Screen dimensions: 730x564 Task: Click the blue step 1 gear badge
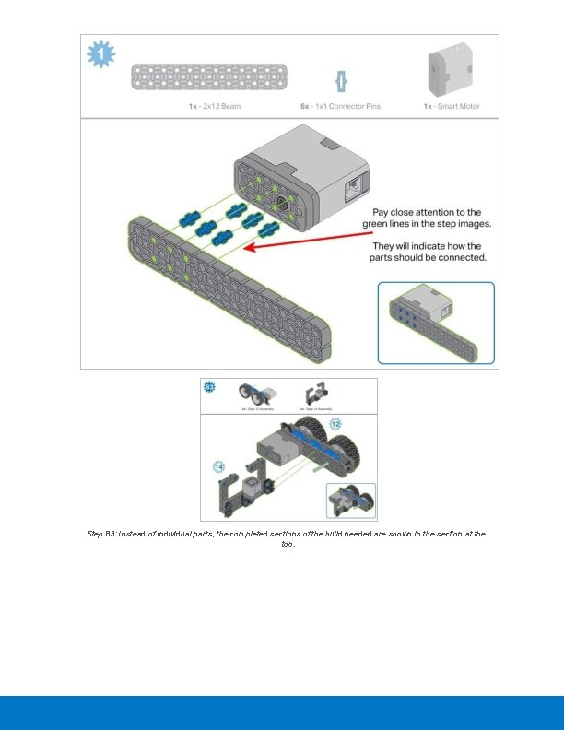pyautogui.click(x=100, y=55)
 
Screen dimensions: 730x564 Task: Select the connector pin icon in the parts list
pyautogui.click(x=340, y=80)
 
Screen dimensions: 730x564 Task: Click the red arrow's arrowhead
pyautogui.click(x=255, y=246)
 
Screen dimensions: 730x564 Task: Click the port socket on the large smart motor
pyautogui.click(x=353, y=189)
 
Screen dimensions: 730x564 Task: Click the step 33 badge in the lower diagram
pyautogui.click(x=210, y=386)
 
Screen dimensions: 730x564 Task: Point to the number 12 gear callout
pyautogui.click(x=335, y=424)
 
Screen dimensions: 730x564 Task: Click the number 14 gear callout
pyautogui.click(x=218, y=467)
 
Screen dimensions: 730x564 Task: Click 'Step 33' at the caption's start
pyautogui.click(x=101, y=534)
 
